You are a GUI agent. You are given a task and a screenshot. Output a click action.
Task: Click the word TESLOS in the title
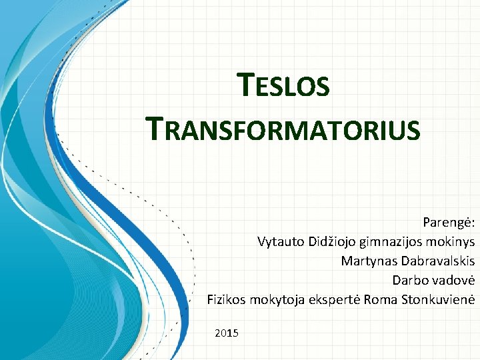click(283, 87)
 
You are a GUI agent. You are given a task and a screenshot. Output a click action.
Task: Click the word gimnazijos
click(390, 241)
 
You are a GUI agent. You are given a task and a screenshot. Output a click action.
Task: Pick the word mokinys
click(450, 241)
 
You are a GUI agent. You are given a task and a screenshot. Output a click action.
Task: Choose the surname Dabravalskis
click(437, 260)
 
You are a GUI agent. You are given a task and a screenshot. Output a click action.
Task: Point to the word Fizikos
click(227, 299)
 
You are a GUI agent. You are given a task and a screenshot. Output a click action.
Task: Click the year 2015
click(227, 332)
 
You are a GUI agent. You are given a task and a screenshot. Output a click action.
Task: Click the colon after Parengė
click(473, 223)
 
